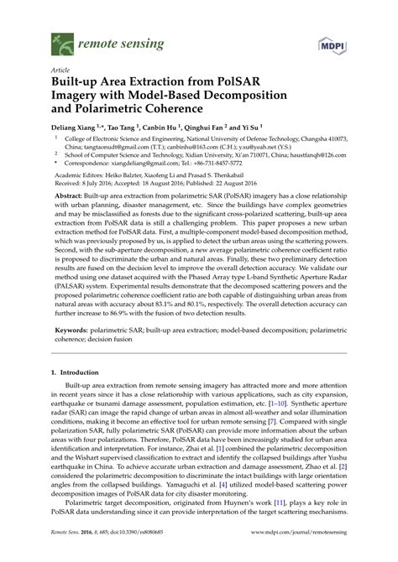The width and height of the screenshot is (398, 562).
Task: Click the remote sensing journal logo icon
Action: [x=61, y=40]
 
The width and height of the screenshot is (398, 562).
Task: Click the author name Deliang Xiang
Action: [x=81, y=126]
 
